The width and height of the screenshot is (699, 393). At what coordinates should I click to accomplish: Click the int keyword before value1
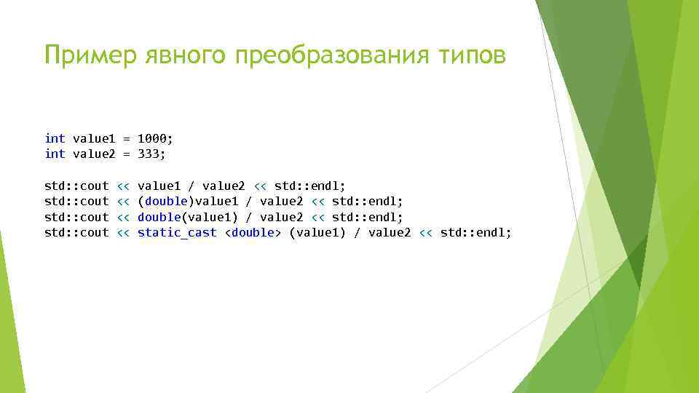[x=55, y=138]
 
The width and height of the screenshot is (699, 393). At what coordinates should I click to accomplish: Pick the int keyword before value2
[x=55, y=154]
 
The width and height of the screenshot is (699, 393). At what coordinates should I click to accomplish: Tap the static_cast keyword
[x=177, y=232]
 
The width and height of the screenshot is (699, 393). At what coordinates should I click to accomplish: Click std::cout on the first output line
[x=76, y=186]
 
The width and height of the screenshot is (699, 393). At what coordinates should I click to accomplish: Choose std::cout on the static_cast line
[x=76, y=232]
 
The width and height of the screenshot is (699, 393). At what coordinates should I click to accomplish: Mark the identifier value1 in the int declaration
[x=94, y=138]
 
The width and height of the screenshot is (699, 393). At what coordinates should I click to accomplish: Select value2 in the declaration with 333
[x=94, y=154]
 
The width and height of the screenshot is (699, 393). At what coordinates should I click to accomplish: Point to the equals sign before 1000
[x=127, y=138]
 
